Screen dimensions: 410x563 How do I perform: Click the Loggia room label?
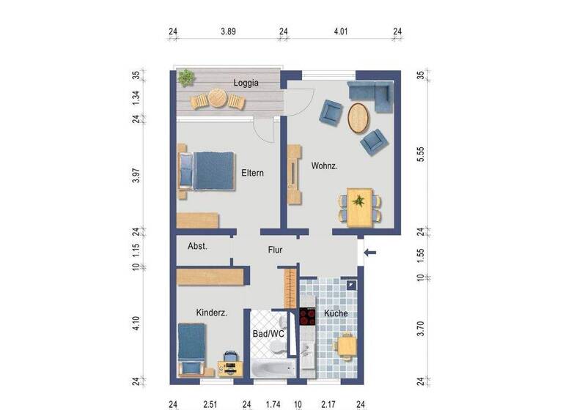(246, 83)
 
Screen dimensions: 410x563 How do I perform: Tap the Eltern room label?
(252, 174)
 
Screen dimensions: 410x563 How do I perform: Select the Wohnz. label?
(324, 166)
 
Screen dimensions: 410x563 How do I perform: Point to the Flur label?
(274, 250)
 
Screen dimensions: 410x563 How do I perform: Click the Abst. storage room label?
(198, 247)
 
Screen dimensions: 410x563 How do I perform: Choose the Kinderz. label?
(211, 313)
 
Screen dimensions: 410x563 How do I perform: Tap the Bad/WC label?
(268, 334)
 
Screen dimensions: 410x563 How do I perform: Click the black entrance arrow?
(372, 254)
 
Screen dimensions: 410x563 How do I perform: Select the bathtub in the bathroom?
(273, 368)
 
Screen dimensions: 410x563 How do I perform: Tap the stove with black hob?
(306, 317)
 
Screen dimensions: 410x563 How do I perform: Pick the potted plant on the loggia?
(187, 76)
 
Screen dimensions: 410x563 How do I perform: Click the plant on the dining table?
(359, 199)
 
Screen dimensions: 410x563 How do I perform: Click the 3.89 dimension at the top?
(228, 31)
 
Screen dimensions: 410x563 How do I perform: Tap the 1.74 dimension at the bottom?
(273, 403)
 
